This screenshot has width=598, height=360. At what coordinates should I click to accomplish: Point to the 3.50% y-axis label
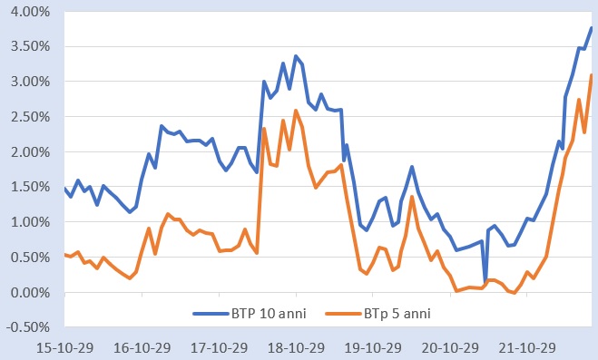tap(28, 47)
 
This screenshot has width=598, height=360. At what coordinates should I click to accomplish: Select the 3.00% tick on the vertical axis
tap(28, 83)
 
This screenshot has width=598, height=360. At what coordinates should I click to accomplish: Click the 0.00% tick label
tap(28, 293)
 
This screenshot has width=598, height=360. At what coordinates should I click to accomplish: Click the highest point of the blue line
tap(592, 28)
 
